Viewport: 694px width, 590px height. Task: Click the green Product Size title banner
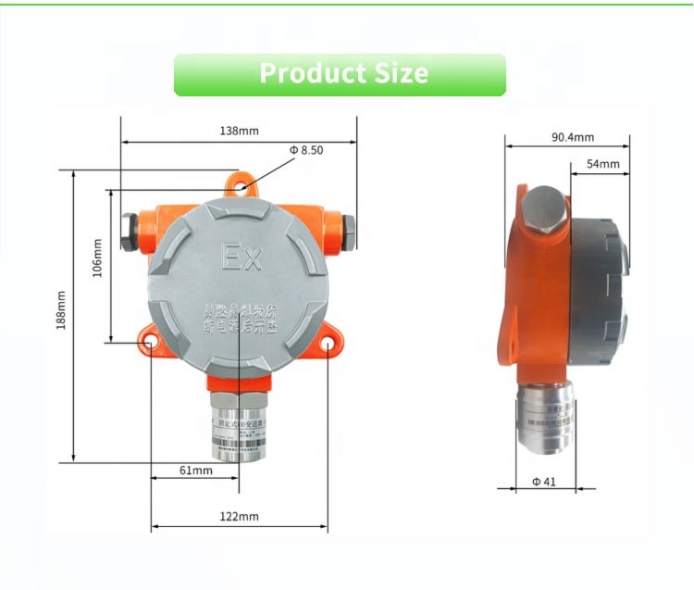point(340,74)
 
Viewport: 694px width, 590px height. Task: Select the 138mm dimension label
point(239,131)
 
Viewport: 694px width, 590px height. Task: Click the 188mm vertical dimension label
point(62,312)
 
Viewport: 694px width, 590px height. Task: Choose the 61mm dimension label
point(195,471)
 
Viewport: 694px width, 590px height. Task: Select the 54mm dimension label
point(602,164)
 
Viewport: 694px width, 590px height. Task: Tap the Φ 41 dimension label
point(543,481)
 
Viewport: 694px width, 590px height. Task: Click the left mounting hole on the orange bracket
point(148,344)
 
